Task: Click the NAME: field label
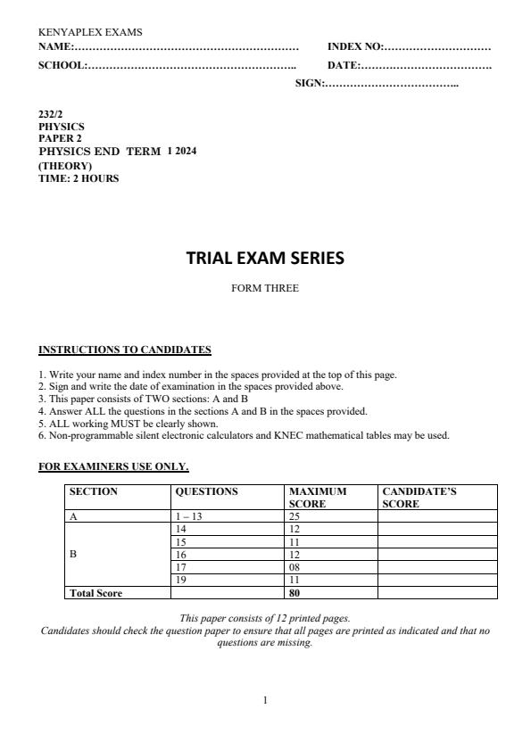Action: pos(55,45)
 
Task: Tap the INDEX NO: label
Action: pos(355,45)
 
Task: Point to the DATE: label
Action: pos(343,65)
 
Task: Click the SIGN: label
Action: pos(309,84)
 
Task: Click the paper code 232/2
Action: pos(50,115)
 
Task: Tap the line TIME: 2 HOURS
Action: pos(79,177)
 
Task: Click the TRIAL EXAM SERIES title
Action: pos(264,259)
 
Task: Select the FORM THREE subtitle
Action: pos(265,288)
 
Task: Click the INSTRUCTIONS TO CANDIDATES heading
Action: pos(124,349)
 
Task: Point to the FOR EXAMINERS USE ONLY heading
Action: pos(113,466)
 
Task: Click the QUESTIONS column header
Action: pos(206,491)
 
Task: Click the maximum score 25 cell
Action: pos(295,515)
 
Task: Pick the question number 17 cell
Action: pos(182,566)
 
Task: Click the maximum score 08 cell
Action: pos(295,566)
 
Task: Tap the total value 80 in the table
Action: pos(295,592)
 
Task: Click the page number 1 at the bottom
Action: pos(265,701)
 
